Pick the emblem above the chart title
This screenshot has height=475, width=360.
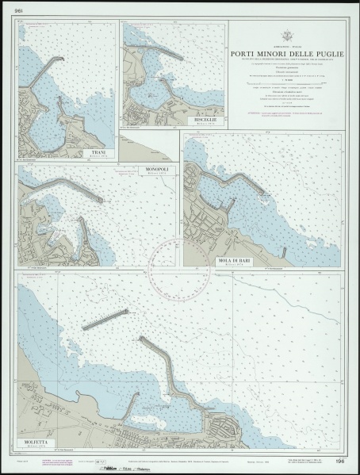click(x=286, y=37)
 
